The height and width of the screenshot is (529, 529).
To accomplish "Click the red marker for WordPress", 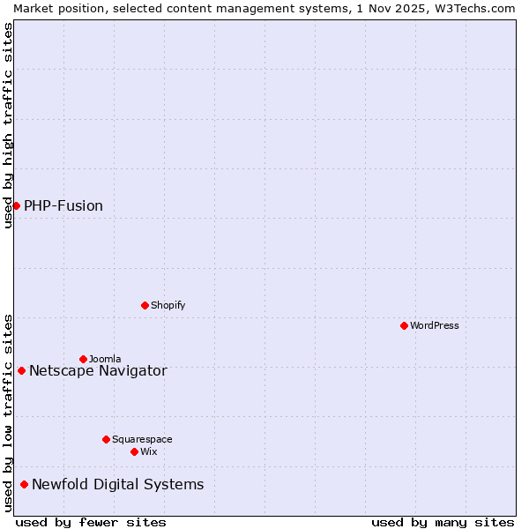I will coord(404,325).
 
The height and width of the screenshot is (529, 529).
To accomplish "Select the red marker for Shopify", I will coord(145,305).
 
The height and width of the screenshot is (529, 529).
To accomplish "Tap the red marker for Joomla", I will coord(83,359).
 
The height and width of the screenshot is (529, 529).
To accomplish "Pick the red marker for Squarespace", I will coord(106,439).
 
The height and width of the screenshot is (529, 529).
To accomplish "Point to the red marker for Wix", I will coord(134,451).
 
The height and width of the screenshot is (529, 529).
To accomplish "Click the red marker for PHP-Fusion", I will coord(16,205).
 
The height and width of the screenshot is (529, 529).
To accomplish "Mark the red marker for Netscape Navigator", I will coord(21,370).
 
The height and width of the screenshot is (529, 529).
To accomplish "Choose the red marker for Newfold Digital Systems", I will coord(24,484).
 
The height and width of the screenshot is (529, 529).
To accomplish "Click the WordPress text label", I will coord(435,325).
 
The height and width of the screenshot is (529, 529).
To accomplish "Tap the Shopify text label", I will coord(168,305).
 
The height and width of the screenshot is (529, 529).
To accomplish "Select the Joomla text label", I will coord(105,359).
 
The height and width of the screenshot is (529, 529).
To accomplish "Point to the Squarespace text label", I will coord(142,439).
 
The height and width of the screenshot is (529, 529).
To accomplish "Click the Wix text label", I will coord(149,451).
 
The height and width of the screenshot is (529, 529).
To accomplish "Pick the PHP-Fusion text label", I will coord(63,205).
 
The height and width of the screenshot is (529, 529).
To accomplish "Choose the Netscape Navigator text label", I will coord(98,370).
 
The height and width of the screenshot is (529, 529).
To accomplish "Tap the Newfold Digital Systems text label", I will coord(118,484).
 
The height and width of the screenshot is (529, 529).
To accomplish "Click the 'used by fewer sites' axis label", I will coord(91,522).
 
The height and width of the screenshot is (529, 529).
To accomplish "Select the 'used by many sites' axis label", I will coord(443,522).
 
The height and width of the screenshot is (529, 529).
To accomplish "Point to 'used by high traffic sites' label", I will coord(8,125).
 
